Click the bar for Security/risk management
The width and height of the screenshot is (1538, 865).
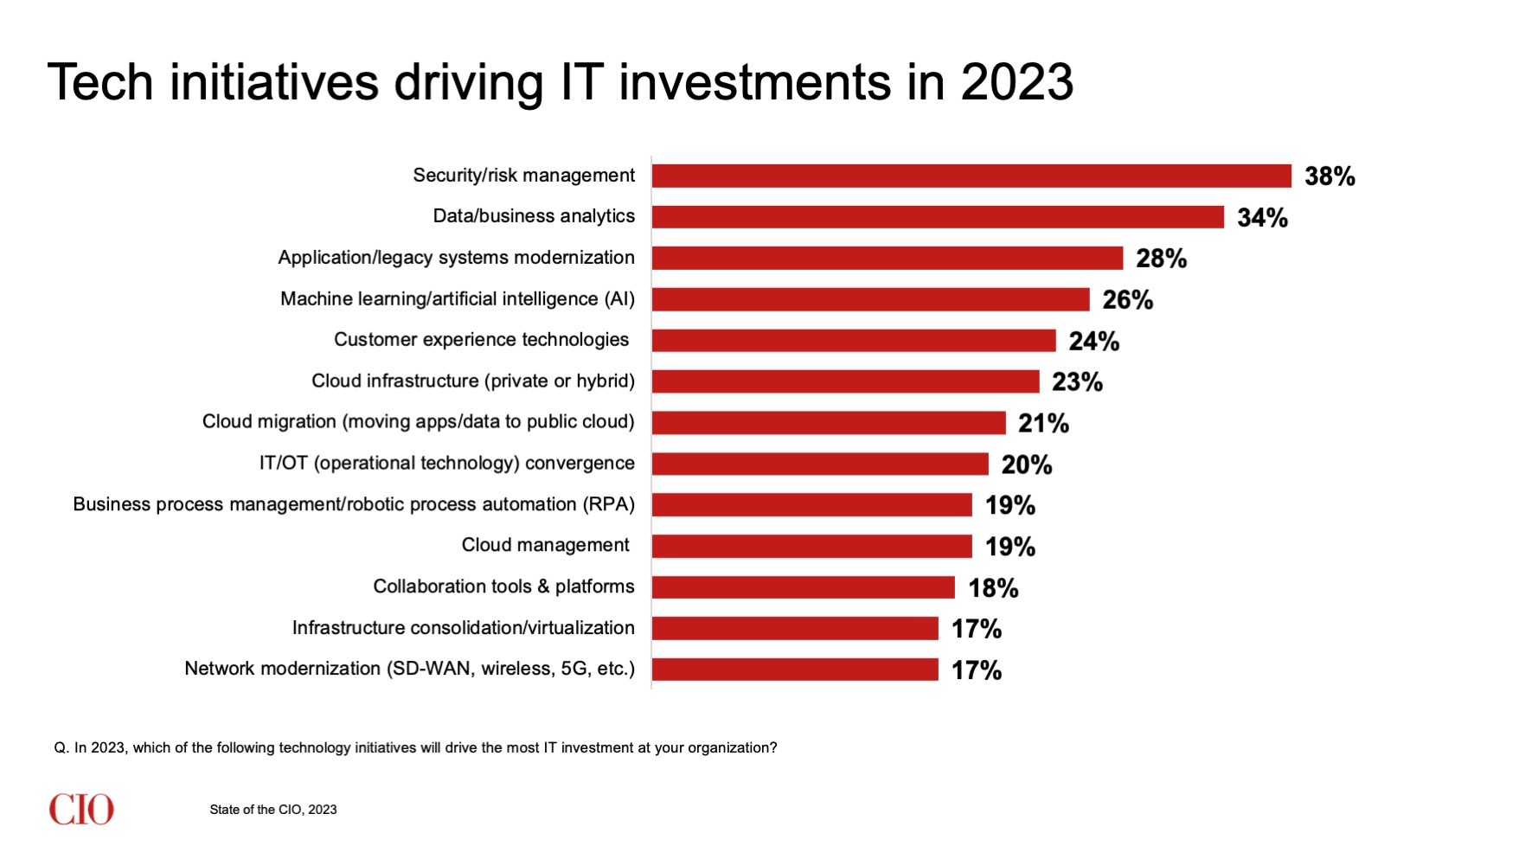pos(971,176)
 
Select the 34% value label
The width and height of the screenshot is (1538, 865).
pos(1262,217)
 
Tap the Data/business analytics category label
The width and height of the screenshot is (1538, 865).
pos(534,216)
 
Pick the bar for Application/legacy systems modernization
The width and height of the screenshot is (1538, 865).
pos(887,258)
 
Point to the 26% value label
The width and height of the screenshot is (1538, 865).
pos(1127,299)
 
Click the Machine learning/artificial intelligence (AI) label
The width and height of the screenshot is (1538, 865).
pos(457,299)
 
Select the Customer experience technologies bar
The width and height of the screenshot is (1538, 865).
pos(853,340)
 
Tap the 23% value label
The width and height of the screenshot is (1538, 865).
pos(1077,381)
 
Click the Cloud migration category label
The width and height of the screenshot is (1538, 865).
pos(418,422)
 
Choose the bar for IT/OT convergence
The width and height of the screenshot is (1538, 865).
pos(819,464)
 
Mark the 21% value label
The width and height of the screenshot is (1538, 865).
pos(1043,423)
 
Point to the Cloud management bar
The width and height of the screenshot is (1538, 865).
pos(811,546)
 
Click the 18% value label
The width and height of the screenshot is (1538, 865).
pos(993,588)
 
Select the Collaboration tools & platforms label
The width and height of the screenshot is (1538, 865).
pos(503,586)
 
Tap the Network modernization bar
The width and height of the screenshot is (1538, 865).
pos(794,670)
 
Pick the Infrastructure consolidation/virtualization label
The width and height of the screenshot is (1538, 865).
pos(463,628)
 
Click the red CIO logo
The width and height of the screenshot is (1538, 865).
pos(81,810)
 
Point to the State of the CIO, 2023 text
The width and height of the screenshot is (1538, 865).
pos(272,810)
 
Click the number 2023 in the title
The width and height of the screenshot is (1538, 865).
pos(1017,83)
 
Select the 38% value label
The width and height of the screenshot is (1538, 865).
pos(1330,176)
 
